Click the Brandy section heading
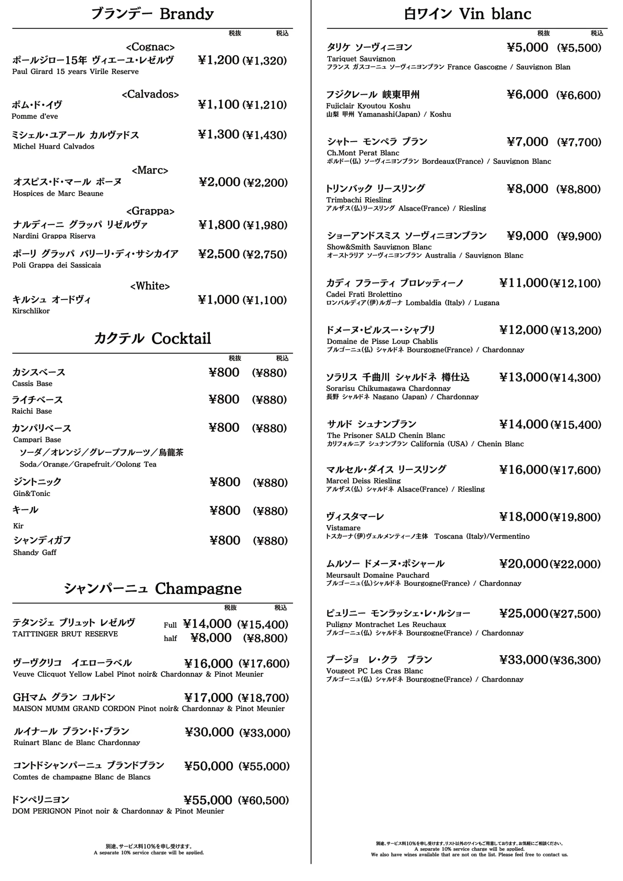pos(152,14)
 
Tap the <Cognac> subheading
pos(150,47)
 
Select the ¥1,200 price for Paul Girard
pos(219,60)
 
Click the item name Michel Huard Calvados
pos(53,146)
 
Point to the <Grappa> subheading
pos(150,211)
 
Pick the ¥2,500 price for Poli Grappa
pos(219,254)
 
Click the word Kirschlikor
pos(31,311)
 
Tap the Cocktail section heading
pos(152,338)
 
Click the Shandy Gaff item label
pos(34,553)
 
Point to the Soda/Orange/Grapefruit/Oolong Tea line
pos(88,464)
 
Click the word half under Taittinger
pos(170,638)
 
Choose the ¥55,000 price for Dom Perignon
pos(208,800)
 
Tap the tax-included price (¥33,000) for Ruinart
pos(264,733)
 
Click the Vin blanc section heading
pos(467,14)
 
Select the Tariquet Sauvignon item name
pos(361,59)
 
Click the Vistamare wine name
pos(343,528)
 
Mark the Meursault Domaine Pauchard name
pos(377,575)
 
